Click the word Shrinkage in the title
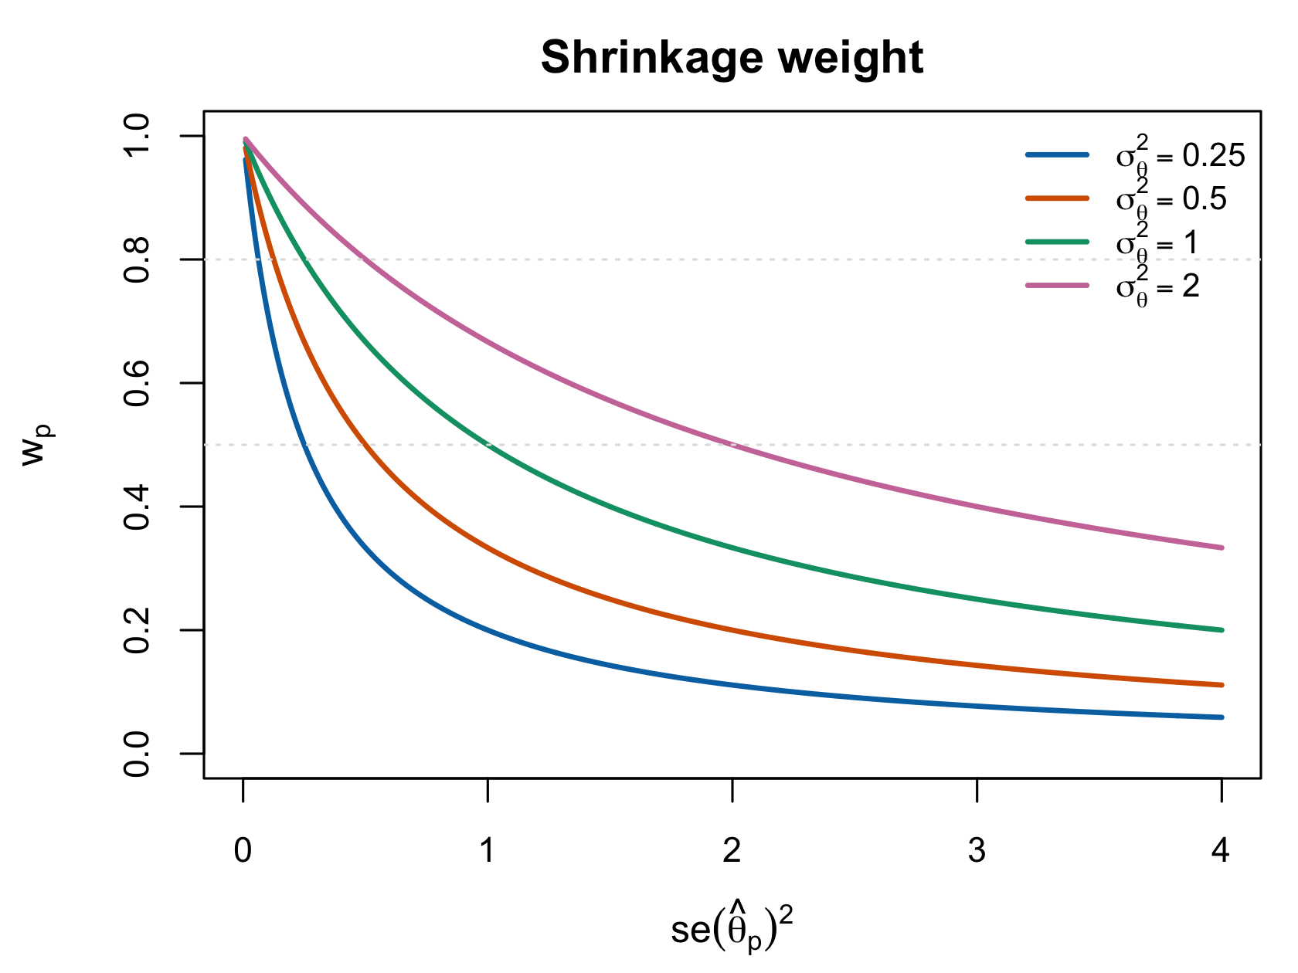(x=652, y=59)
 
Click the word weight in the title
(x=851, y=57)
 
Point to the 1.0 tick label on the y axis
(x=136, y=136)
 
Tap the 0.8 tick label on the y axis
(x=136, y=260)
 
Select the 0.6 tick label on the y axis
(x=136, y=384)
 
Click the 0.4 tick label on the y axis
(x=136, y=507)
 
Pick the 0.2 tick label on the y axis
(x=136, y=630)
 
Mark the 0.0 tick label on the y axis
(x=136, y=754)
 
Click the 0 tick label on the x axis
(x=243, y=851)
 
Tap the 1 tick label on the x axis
(x=488, y=851)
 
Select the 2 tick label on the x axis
(x=732, y=851)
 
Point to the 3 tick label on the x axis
(x=977, y=851)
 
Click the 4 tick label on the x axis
(x=1222, y=851)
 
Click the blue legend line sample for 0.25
(x=1057, y=154)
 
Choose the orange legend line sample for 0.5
(x=1057, y=198)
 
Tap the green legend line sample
(x=1057, y=242)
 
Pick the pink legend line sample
(x=1057, y=286)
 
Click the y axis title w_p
(x=36, y=446)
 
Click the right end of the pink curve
(x=1222, y=548)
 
